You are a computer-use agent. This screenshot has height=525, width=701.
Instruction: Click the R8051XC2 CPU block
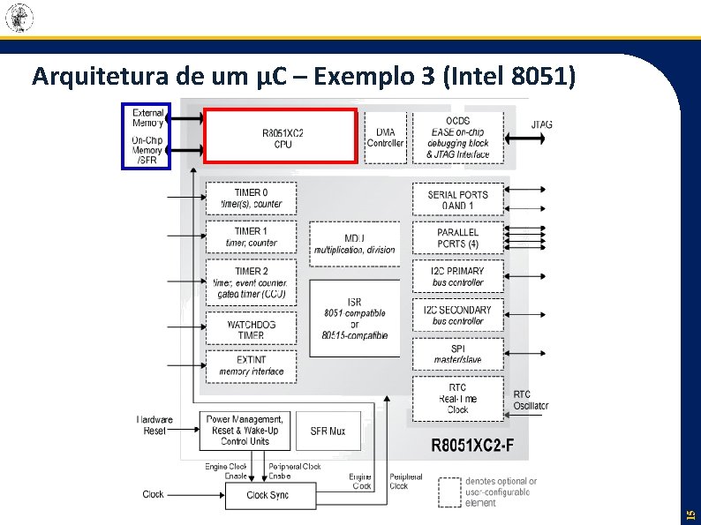(x=281, y=137)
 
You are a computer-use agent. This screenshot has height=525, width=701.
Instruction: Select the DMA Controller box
(x=385, y=137)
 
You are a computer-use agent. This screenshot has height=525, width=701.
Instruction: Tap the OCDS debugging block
(x=457, y=137)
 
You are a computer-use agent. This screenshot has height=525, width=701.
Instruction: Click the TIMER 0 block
(x=251, y=198)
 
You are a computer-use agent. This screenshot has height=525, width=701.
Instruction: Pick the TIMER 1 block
(x=251, y=236)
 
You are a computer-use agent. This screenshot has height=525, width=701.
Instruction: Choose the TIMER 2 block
(x=251, y=281)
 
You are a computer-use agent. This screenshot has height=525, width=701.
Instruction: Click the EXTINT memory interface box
(x=251, y=365)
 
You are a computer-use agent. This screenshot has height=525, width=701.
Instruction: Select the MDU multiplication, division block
(x=354, y=243)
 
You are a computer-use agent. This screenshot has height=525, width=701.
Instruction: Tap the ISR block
(x=354, y=318)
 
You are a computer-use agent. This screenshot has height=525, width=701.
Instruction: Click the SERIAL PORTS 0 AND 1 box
(x=457, y=199)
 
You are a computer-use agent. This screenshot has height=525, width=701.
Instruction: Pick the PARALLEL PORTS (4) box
(x=457, y=237)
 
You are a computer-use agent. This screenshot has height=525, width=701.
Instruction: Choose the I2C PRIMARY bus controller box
(x=457, y=276)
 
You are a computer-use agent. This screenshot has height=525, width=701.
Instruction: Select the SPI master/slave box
(x=457, y=354)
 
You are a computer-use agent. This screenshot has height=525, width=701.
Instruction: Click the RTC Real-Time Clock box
(x=457, y=398)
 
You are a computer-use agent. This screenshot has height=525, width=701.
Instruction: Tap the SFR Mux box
(x=328, y=431)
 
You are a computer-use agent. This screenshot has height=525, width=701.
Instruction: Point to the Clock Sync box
(x=268, y=495)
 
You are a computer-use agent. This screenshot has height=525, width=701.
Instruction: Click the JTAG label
(x=542, y=124)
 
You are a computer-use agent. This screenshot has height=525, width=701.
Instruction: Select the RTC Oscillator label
(x=531, y=400)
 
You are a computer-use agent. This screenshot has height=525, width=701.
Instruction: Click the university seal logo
(x=19, y=17)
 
